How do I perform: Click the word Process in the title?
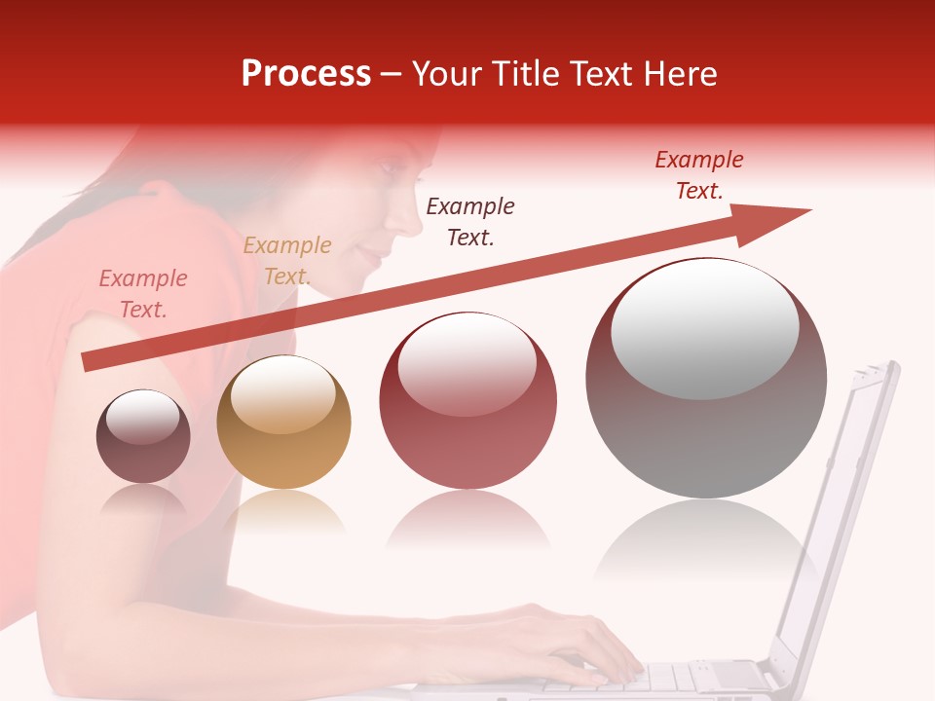(306, 74)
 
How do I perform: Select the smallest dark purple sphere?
(143, 437)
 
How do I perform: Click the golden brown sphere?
(283, 423)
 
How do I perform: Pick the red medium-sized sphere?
(468, 401)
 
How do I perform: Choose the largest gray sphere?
(706, 378)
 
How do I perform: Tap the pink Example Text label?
(143, 294)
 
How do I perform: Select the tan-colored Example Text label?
(286, 261)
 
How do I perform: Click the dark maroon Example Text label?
(470, 221)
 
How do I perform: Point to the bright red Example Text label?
(699, 175)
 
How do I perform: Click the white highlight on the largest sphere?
(704, 327)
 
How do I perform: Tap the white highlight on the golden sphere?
(282, 394)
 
